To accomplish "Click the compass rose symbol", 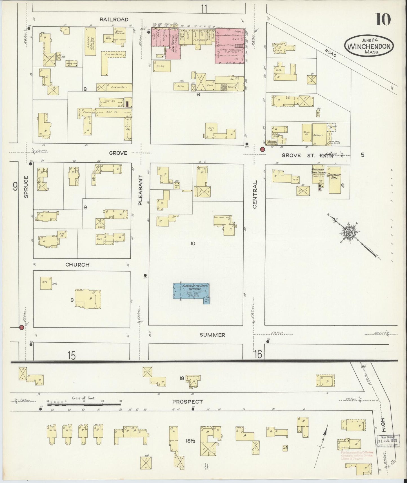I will click(x=350, y=232).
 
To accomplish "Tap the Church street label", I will click(x=77, y=265).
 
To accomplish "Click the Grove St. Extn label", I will click(x=307, y=155).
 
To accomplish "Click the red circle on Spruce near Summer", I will click(x=21, y=327).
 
